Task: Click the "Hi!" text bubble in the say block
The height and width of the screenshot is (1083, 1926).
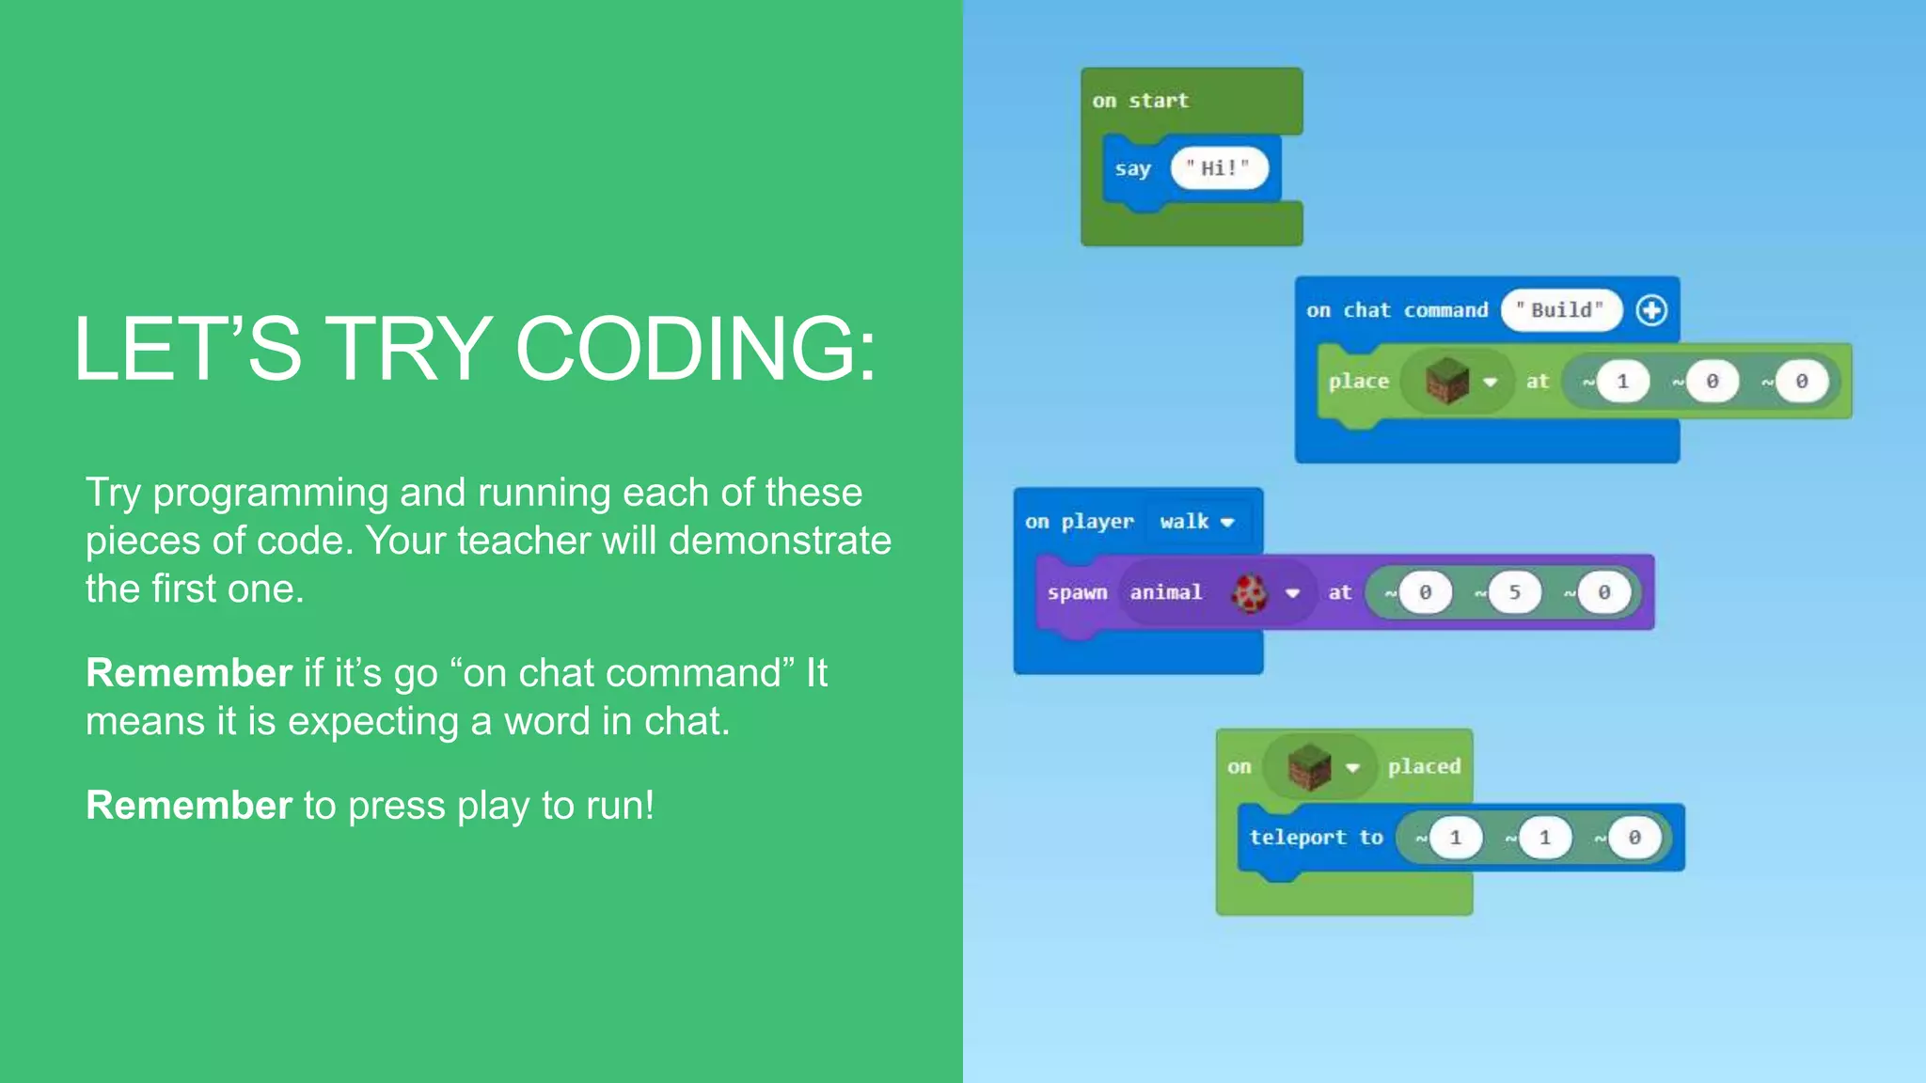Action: (x=1219, y=168)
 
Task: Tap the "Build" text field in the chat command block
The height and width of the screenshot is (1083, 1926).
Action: (x=1561, y=310)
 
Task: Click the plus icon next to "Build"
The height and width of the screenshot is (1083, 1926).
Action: (x=1651, y=310)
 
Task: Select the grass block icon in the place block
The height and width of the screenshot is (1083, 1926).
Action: (x=1446, y=381)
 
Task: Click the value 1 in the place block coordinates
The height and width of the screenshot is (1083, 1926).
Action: (x=1622, y=382)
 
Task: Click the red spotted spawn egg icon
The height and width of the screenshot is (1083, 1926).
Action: (x=1250, y=592)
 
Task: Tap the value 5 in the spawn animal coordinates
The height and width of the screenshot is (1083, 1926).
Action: (x=1514, y=592)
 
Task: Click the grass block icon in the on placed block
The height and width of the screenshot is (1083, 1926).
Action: (x=1309, y=766)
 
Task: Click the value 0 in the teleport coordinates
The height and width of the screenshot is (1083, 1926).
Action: (x=1634, y=838)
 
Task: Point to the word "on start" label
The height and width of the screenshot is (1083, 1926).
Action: (x=1140, y=101)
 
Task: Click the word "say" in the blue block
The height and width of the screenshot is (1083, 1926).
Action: (x=1132, y=169)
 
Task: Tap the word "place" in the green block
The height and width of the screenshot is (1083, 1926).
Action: (x=1358, y=382)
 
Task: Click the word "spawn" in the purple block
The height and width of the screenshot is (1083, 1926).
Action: (x=1077, y=593)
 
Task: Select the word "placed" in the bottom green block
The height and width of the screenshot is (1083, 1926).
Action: (x=1424, y=767)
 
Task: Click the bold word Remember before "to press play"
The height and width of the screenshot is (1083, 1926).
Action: (x=189, y=806)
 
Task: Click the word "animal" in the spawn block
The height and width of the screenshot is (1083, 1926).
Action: (x=1166, y=592)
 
